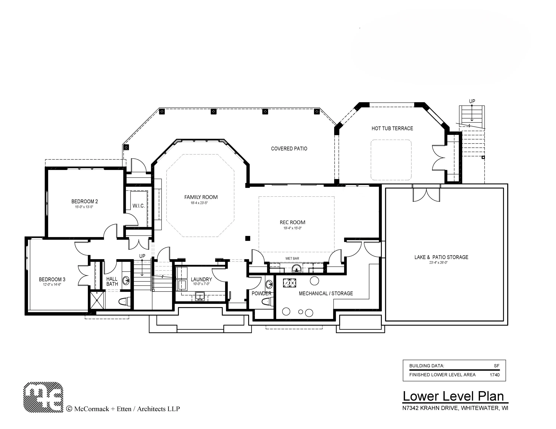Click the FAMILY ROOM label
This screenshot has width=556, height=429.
coord(201,197)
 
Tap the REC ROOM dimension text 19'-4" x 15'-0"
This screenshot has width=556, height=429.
coord(292,228)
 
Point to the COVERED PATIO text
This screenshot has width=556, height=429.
coord(289,149)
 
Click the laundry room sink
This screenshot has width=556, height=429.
coord(200,296)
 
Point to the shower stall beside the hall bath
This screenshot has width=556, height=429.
coord(97,300)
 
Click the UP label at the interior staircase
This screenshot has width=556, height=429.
coord(142,256)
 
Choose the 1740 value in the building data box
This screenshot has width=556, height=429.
coord(495,375)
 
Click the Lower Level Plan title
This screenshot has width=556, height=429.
coord(453,396)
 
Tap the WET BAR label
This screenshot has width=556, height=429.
coord(292,258)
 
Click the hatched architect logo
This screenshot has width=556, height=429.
coord(43,397)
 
